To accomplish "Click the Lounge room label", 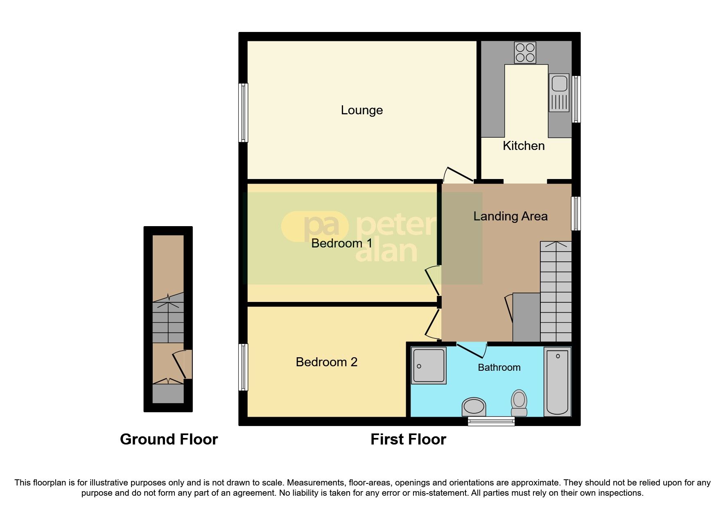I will point(362,110).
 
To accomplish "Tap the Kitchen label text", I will point(524,146).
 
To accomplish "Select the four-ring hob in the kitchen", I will point(525,53).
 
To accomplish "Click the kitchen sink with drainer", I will point(559,93).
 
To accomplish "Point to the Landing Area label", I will point(510,216).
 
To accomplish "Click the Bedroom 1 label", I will point(342,243).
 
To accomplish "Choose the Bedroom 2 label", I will point(326,362).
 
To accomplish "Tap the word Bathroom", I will point(499,367).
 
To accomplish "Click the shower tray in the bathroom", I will point(429,365).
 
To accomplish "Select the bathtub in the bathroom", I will point(558,381).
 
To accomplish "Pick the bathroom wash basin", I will point(474,407).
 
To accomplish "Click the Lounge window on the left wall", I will point(243,113).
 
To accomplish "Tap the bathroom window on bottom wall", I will point(491,421).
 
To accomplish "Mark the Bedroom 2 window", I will point(243,367).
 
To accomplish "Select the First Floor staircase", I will point(556,291).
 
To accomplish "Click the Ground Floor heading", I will point(169,440).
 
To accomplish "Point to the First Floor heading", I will point(408,440).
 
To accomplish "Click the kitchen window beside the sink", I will point(576,99).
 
